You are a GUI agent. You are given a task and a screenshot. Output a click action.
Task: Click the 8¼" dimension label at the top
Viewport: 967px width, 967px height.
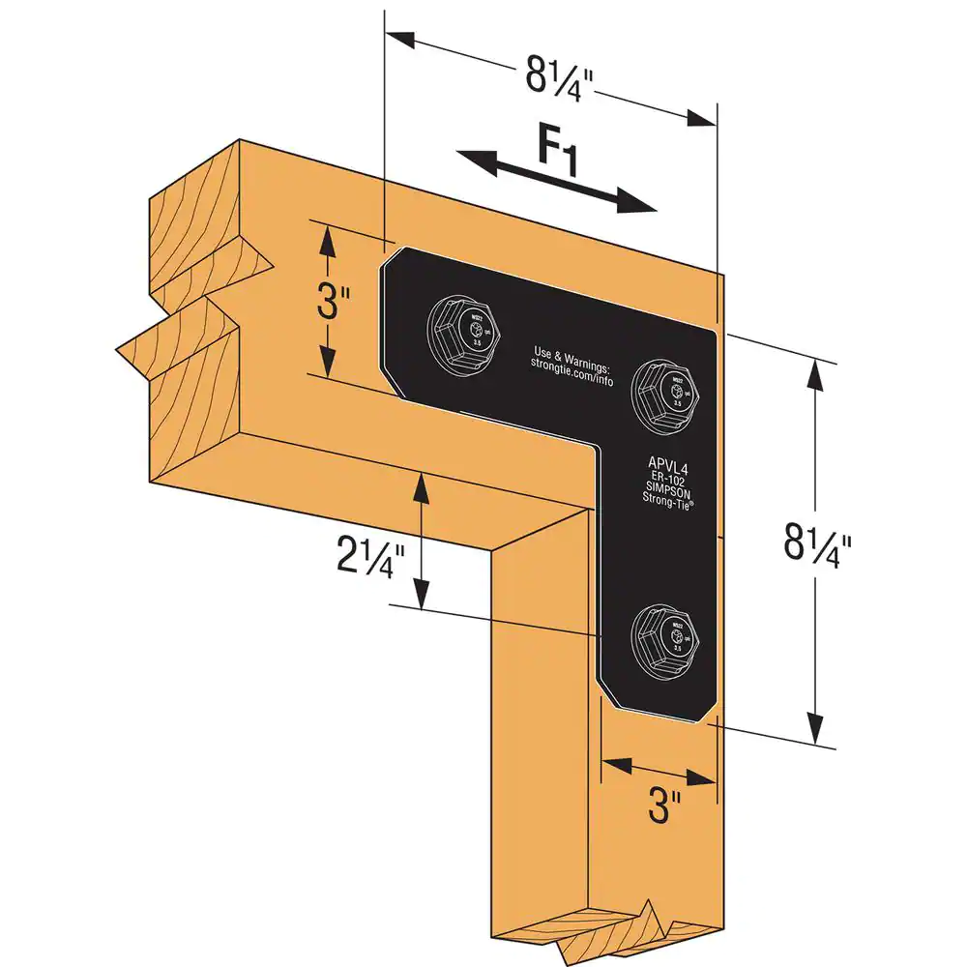click(x=555, y=75)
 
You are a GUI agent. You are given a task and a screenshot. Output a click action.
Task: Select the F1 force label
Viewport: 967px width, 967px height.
click(x=558, y=153)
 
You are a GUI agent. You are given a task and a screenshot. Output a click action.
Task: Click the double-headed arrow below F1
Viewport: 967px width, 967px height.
click(x=555, y=181)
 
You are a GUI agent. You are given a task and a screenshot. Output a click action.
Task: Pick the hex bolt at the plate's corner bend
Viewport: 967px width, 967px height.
click(x=665, y=390)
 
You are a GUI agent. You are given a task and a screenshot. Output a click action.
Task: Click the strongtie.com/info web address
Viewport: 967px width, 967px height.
click(x=571, y=365)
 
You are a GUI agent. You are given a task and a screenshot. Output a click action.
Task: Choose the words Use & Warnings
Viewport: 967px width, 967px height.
click(x=571, y=352)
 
